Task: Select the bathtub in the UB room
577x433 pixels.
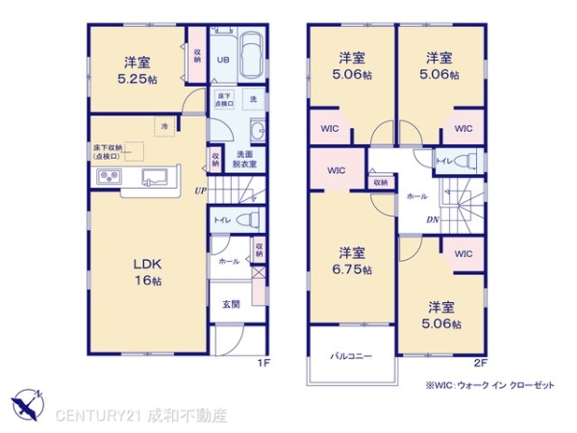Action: [252, 58]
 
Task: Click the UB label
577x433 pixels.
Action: [222, 60]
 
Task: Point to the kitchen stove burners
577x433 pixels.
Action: [107, 177]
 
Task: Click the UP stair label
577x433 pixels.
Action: [200, 191]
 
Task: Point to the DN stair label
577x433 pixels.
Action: [434, 218]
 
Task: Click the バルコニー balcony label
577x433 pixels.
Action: [352, 356]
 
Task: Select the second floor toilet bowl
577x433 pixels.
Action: [467, 160]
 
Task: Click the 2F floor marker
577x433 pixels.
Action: [480, 364]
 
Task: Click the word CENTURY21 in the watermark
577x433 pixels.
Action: [101, 417]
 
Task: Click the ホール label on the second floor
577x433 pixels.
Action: [417, 195]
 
